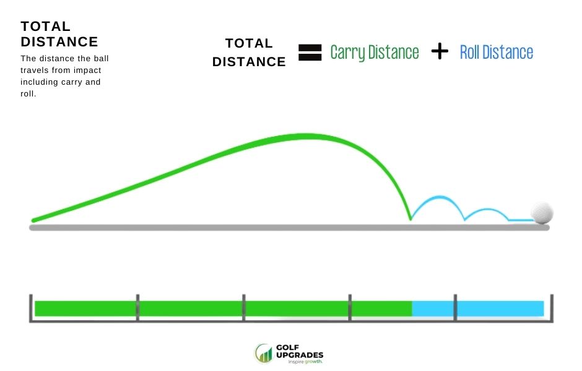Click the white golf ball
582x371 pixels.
[x=542, y=212]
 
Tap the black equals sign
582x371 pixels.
[x=310, y=52]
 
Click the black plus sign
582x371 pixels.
[x=439, y=52]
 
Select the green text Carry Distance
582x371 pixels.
[x=375, y=53]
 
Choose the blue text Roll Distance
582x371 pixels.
[x=496, y=53]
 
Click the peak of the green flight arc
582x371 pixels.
[x=303, y=135]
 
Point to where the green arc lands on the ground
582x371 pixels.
[x=410, y=219]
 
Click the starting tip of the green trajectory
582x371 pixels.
[x=34, y=220]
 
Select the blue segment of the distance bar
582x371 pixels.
[x=477, y=308]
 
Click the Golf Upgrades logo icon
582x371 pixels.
[x=264, y=354]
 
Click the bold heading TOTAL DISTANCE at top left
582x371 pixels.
[x=59, y=34]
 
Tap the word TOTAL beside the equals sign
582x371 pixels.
[x=249, y=43]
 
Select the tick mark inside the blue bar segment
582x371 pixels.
[x=456, y=307]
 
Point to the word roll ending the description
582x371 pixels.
[x=28, y=93]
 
